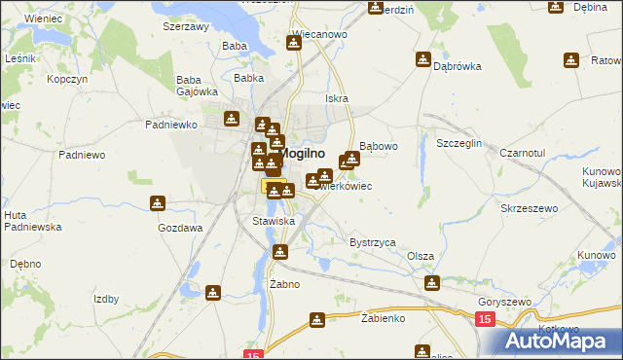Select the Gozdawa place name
[180, 228]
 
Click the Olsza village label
[421, 256]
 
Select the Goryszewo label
[504, 303]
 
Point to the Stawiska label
[274, 222]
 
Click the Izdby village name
[106, 300]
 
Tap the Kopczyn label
[67, 78]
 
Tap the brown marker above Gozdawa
[158, 203]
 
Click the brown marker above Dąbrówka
[423, 59]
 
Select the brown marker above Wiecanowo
[294, 43]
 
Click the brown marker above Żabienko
[317, 319]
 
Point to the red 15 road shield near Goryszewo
[485, 319]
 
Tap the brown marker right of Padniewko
[232, 119]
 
